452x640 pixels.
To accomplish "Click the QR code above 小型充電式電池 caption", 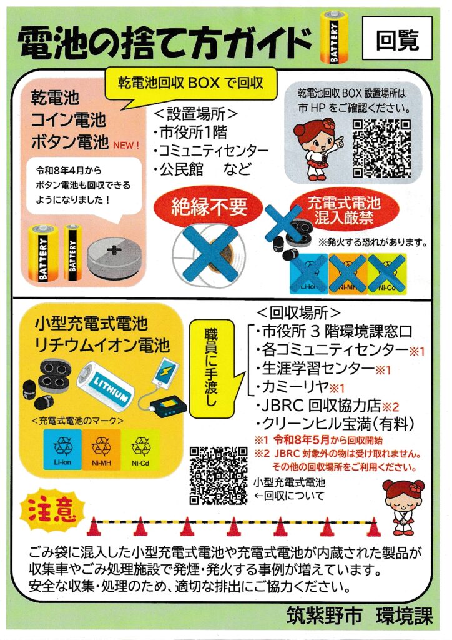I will pyautogui.click(x=218, y=475).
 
